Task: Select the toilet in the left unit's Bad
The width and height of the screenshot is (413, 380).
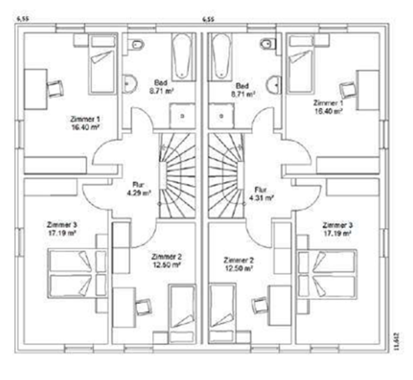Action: pos(140,47)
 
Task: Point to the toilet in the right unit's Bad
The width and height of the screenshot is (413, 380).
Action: pos(268,47)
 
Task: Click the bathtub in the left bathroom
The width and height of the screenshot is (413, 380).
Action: pos(181,60)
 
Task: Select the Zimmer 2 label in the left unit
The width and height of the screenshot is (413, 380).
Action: pos(166,261)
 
